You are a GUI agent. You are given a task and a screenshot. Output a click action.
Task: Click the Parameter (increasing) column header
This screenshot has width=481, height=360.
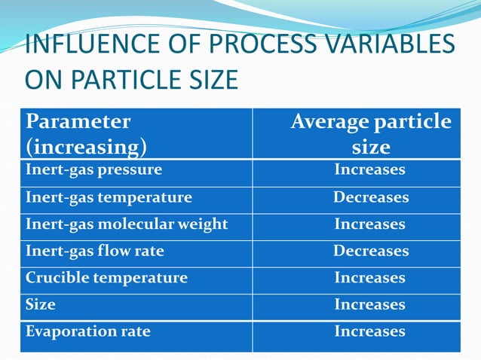pos(87,133)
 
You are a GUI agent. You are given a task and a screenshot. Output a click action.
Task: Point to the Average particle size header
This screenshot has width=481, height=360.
pos(371,133)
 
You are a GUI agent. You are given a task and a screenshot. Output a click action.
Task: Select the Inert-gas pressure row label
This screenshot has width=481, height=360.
pos(93,169)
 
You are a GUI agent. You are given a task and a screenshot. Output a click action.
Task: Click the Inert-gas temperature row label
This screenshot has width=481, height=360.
pos(109,197)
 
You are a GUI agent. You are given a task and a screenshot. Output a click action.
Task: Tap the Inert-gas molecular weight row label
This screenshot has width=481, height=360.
pos(127,224)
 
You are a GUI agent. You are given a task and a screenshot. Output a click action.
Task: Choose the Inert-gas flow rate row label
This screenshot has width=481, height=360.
pos(95,251)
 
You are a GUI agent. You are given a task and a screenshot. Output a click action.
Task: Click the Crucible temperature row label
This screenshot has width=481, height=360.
pos(106,278)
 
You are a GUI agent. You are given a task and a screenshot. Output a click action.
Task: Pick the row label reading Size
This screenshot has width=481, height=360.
pos(41,304)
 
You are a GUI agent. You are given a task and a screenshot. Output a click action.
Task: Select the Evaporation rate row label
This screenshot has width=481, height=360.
pos(87,331)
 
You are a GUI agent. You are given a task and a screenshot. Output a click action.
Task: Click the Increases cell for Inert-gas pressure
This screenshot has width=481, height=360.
pos(370,169)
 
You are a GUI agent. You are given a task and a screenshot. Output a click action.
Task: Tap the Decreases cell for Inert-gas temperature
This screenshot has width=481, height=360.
pos(371,197)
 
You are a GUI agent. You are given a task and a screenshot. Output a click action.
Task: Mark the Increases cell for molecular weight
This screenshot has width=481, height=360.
pos(370,224)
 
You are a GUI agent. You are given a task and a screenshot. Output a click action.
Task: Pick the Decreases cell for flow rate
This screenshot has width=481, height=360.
pos(371,251)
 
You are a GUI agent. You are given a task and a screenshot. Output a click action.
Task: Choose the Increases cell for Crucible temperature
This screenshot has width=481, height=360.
pos(370,278)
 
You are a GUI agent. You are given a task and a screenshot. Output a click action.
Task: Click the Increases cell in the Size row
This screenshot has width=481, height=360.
pos(370,304)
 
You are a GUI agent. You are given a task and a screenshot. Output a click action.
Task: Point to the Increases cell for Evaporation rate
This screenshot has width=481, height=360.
pos(370,331)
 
